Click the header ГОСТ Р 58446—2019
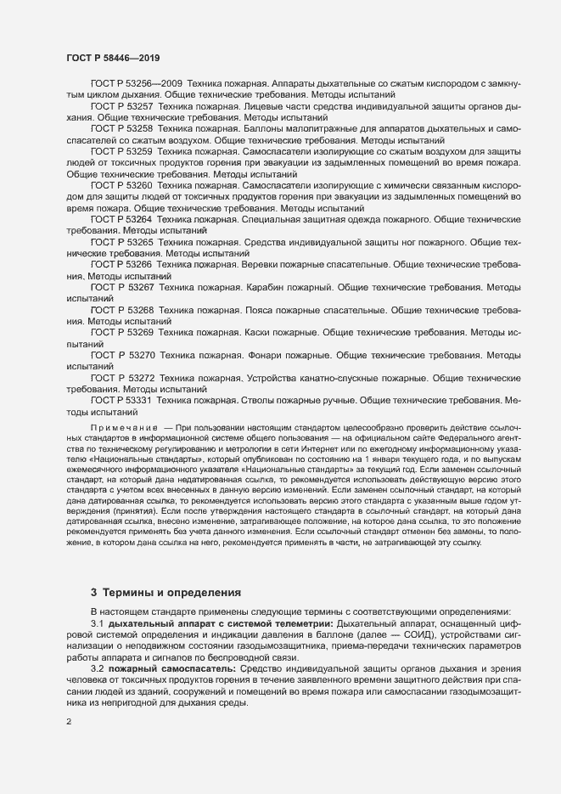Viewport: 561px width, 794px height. [x=113, y=58]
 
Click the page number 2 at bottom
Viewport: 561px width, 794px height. [x=69, y=722]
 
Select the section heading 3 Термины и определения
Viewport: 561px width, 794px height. [x=165, y=591]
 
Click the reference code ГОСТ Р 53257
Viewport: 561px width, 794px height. [x=121, y=107]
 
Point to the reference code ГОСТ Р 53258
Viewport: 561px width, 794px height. [x=121, y=129]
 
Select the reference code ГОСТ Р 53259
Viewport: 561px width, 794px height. [x=121, y=151]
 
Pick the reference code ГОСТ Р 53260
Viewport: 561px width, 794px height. [x=121, y=184]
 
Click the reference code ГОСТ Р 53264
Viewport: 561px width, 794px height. [x=121, y=219]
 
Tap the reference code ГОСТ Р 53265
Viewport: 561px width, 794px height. [x=121, y=242]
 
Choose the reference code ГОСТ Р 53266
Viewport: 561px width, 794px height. [x=121, y=265]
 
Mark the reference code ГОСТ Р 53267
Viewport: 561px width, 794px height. [x=121, y=288]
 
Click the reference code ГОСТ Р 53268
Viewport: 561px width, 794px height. [x=121, y=311]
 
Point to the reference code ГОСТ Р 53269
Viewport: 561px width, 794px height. [x=121, y=333]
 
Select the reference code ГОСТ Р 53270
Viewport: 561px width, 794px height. [x=121, y=356]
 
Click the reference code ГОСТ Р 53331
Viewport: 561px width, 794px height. [x=121, y=399]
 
